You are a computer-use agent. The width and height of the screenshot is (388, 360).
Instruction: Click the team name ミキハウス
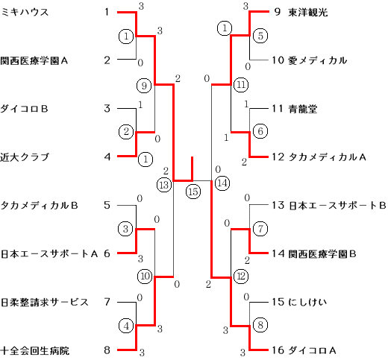tap(25, 12)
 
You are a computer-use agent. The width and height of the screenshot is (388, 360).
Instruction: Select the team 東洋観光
tap(308, 12)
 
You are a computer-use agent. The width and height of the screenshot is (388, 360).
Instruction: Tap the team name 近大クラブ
tap(25, 157)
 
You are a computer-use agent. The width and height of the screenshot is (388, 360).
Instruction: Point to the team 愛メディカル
tap(317, 60)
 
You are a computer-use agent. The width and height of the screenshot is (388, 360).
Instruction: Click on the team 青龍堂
tap(303, 109)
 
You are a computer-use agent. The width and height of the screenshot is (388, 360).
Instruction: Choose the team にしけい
tap(307, 302)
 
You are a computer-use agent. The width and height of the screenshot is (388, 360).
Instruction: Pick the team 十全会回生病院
tap(35, 350)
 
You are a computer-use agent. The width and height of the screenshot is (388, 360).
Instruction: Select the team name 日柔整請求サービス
tap(44, 302)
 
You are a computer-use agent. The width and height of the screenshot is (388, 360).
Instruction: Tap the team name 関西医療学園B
tap(322, 253)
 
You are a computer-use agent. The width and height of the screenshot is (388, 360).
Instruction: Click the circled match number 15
tap(193, 192)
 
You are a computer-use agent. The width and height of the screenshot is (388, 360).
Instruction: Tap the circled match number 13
tap(164, 185)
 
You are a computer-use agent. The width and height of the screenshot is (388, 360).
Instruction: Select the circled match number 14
tap(222, 183)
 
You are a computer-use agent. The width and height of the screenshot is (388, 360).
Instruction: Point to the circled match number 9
tap(144, 86)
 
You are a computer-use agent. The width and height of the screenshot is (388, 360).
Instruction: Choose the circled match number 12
tap(241, 276)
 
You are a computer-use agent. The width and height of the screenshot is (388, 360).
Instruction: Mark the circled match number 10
tap(145, 276)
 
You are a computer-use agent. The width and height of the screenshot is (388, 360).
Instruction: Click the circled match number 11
tap(241, 85)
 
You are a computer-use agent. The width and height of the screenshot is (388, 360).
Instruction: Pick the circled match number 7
tap(260, 229)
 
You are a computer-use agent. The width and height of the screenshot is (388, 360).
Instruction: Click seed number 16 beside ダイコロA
tap(278, 350)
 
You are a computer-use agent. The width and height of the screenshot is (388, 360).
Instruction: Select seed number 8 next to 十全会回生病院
tap(107, 350)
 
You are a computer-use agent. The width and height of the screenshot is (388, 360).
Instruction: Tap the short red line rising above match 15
tap(192, 168)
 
